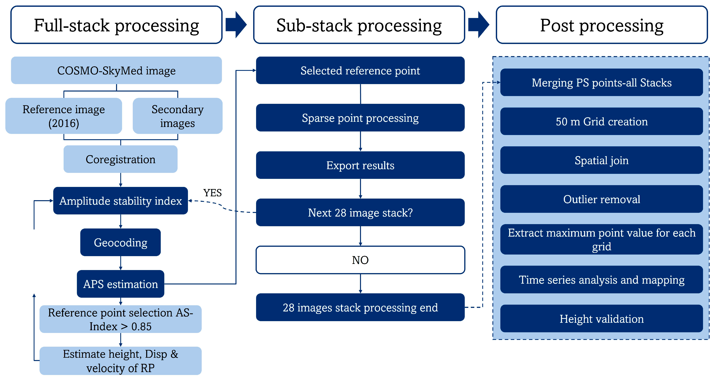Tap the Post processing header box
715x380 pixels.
tap(602, 25)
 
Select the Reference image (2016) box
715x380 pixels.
tap(64, 116)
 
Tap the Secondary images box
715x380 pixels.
tap(177, 116)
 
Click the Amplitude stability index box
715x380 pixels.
tap(120, 201)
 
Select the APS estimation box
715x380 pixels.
tap(120, 284)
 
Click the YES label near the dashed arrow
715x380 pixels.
tap(212, 193)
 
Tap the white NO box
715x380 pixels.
tap(360, 260)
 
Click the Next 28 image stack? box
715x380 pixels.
tap(360, 213)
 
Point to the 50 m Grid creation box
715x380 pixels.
tap(602, 121)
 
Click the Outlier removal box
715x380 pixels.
tap(602, 199)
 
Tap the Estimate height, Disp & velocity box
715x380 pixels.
tap(120, 361)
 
